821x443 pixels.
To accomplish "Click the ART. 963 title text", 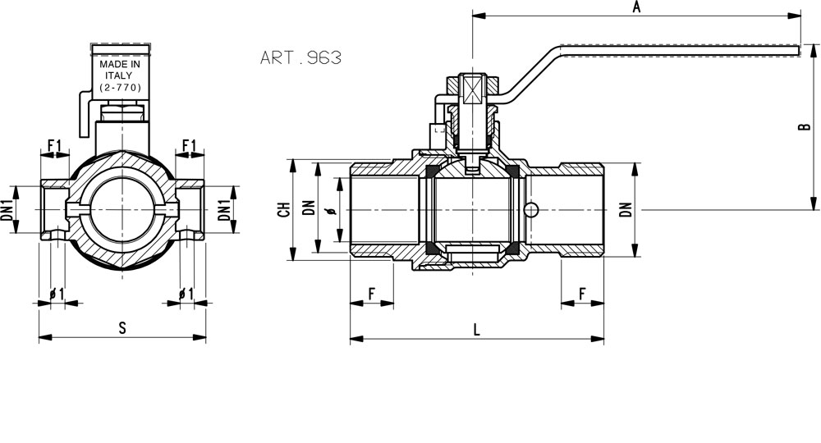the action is click(x=300, y=57).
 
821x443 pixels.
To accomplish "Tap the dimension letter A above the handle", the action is click(x=637, y=7).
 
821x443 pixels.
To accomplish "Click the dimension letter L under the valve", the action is click(x=476, y=330).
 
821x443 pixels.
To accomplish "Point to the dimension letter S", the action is click(x=122, y=328).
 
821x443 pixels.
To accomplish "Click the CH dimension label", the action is click(x=284, y=209).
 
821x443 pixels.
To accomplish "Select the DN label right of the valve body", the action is click(x=626, y=209).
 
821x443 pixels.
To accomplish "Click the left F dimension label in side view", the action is click(x=372, y=294).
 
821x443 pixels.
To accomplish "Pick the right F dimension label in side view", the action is click(x=582, y=295).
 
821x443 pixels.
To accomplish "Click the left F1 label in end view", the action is click(x=54, y=145).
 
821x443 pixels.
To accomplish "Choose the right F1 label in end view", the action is click(x=189, y=145).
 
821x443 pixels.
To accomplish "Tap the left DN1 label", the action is click(x=7, y=209).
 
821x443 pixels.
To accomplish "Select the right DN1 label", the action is click(x=224, y=209).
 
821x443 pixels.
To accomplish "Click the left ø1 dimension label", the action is click(x=57, y=295).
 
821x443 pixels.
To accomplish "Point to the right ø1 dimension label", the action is click(x=186, y=295).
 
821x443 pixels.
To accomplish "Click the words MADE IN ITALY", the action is click(x=120, y=70).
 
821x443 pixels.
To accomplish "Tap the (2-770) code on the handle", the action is click(x=120, y=87).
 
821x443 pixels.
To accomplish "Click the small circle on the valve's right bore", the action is click(x=531, y=210).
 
